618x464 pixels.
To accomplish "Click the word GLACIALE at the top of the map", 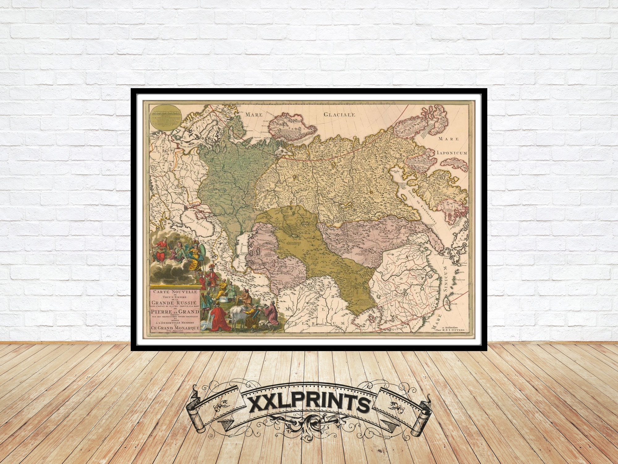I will [x=340, y=115].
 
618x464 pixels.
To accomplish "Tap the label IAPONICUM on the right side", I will [x=452, y=153].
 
